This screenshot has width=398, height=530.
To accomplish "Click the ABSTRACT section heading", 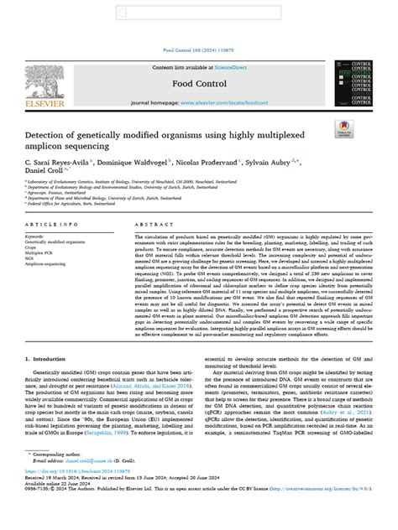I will (x=151, y=226).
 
